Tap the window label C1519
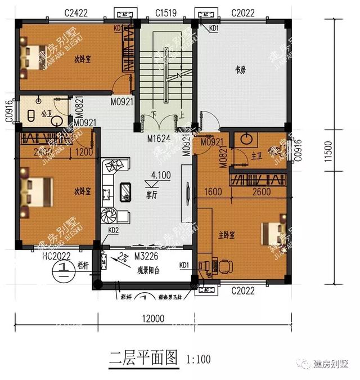pos(165,12)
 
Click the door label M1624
pos(159,138)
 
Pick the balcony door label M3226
pos(145,256)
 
